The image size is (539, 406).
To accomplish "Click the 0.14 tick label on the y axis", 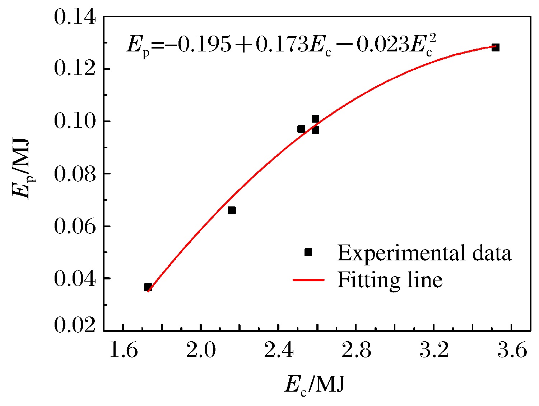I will click(75, 17).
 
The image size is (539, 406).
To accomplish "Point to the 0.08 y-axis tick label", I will click(75, 174).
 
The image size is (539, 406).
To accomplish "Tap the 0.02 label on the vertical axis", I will click(75, 325).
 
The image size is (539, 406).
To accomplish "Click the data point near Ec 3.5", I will click(496, 47).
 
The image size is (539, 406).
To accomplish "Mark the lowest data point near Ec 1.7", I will click(148, 287).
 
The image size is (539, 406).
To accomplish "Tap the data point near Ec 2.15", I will click(232, 210).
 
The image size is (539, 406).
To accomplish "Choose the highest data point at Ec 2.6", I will click(315, 118).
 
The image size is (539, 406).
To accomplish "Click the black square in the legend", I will click(308, 252).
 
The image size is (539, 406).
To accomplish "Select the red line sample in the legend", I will click(308, 280).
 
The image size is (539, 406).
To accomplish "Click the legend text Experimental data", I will click(424, 253).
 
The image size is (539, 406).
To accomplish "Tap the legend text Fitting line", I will click(390, 280).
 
